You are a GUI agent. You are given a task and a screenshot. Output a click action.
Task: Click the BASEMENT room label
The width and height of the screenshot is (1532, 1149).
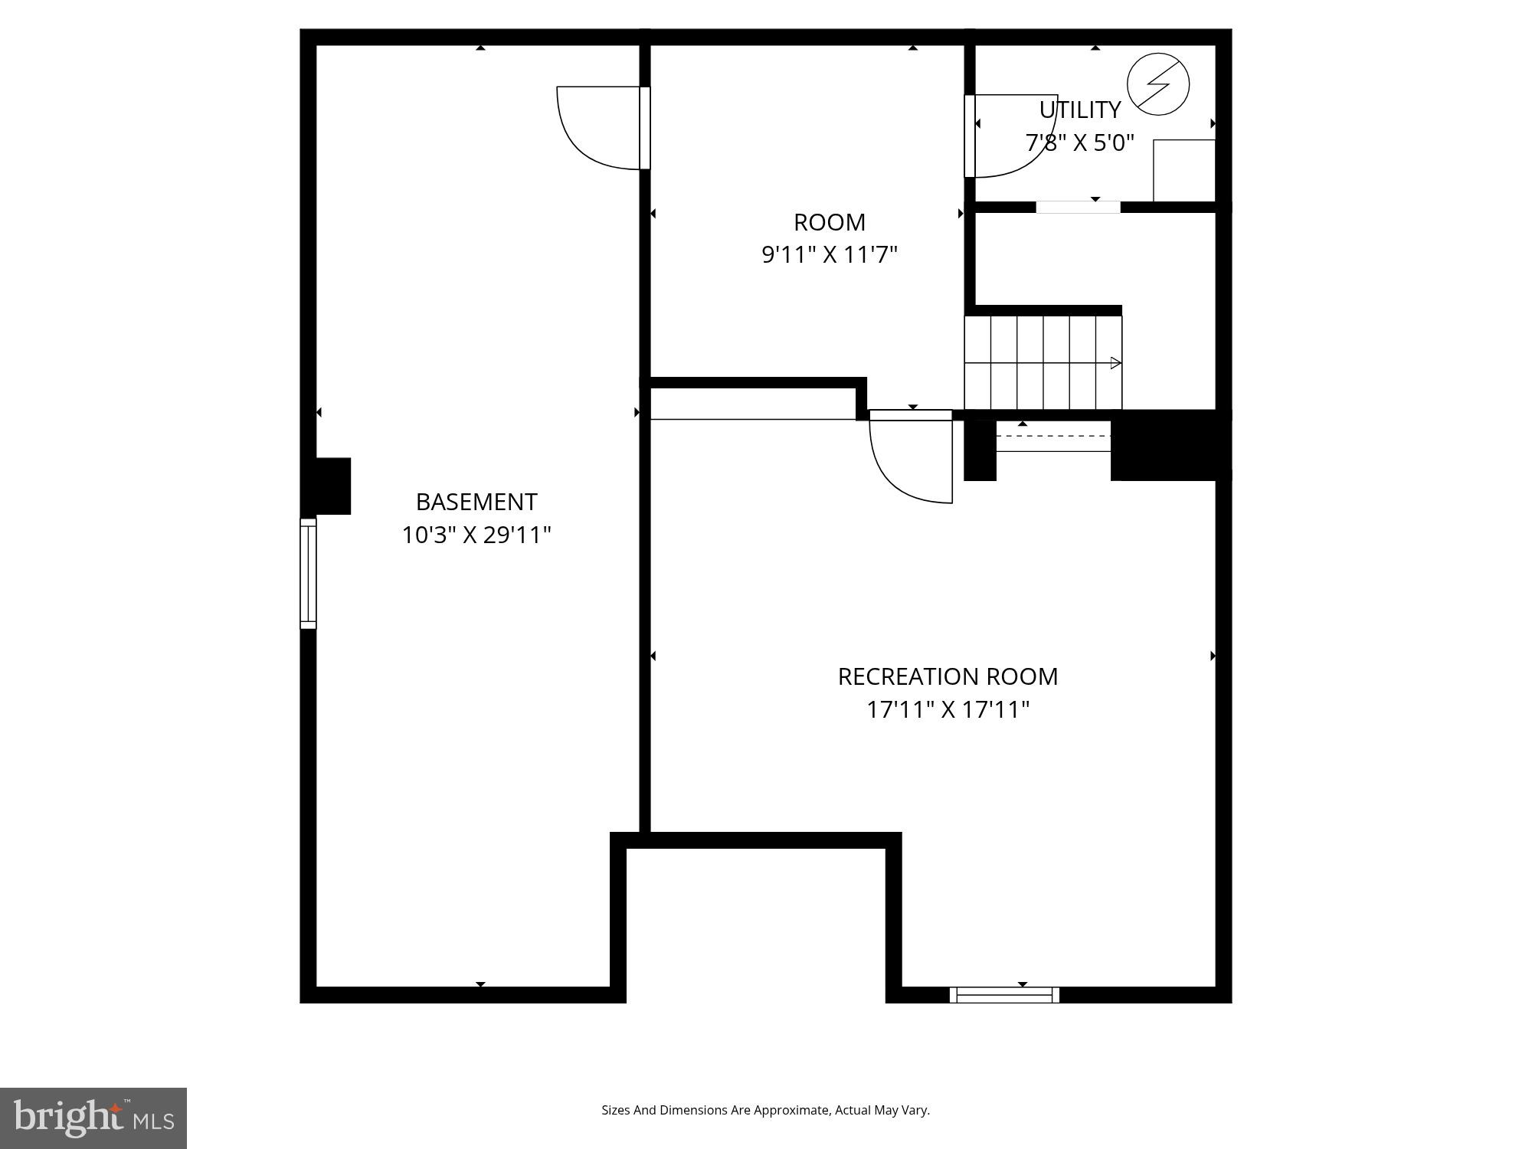[x=476, y=502]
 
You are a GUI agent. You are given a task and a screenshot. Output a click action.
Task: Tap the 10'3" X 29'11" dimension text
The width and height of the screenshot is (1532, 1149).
[x=476, y=535]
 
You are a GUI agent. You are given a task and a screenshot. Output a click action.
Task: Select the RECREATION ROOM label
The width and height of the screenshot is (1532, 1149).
[x=948, y=676]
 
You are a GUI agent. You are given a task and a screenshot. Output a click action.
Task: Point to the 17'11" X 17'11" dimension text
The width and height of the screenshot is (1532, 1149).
[x=948, y=709]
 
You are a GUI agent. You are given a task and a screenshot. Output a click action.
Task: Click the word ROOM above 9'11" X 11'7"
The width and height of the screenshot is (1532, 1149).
[x=830, y=222]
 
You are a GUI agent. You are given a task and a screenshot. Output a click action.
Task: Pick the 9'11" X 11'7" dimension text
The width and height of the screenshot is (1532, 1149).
[x=830, y=254]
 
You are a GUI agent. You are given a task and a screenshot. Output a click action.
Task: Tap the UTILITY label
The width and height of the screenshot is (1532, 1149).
[x=1080, y=110]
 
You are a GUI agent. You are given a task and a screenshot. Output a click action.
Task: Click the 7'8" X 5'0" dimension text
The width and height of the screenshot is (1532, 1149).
[x=1080, y=143]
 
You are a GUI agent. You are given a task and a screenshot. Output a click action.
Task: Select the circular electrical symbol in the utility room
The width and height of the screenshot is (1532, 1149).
[x=1158, y=84]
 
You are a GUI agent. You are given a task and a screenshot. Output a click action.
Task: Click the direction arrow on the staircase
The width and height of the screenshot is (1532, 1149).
[x=1115, y=363]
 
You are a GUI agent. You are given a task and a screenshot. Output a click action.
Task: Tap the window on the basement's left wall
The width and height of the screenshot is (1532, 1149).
[x=308, y=573]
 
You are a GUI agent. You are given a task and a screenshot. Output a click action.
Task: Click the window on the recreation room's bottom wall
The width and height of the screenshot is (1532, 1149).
[x=1004, y=995]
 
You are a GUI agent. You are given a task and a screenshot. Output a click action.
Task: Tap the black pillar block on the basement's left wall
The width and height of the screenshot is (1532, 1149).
[x=329, y=486]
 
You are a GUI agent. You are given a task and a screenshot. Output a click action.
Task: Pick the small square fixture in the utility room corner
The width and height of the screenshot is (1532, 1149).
[x=1184, y=170]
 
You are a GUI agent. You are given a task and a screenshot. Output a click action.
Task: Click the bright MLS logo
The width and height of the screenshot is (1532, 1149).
[x=93, y=1118]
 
